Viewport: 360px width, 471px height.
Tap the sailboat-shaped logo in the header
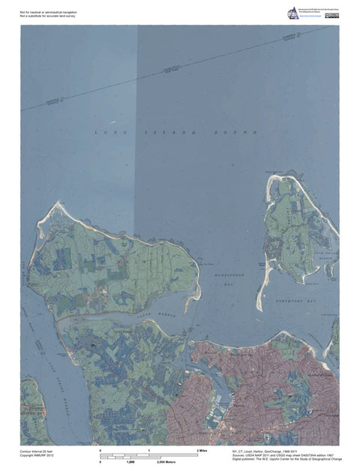[x=292, y=13]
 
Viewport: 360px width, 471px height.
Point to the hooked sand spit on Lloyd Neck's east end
[x=196, y=296]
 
